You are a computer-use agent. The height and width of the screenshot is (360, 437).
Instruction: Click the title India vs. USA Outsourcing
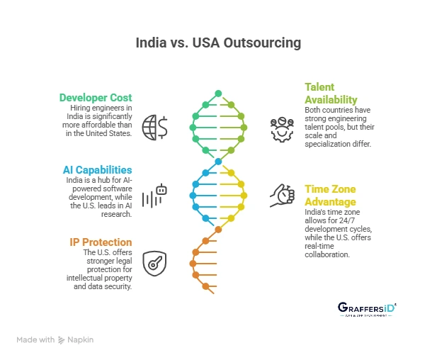pos(218,43)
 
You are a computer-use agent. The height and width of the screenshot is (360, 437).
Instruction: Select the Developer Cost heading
pos(96,97)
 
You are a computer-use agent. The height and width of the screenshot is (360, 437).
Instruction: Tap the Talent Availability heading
pos(331,93)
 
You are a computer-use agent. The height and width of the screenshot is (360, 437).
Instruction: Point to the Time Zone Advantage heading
pos(330,195)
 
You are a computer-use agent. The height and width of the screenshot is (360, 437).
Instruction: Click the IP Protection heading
pos(101,242)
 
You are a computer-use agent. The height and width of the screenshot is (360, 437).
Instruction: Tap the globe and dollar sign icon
pos(154,127)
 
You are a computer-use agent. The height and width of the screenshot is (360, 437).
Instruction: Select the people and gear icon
pos(282,128)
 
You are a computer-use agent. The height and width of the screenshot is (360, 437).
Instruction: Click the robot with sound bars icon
pos(154,196)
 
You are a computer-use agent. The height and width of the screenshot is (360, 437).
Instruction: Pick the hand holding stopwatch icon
pos(282,196)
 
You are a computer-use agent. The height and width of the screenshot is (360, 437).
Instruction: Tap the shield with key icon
pos(154,263)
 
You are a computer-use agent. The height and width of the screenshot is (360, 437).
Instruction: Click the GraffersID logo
pos(366,309)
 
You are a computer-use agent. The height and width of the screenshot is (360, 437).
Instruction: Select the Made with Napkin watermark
pos(55,340)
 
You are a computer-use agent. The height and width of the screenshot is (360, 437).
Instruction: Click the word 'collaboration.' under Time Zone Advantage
pos(327,254)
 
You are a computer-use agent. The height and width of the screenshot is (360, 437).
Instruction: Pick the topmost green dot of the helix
pos(218,93)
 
